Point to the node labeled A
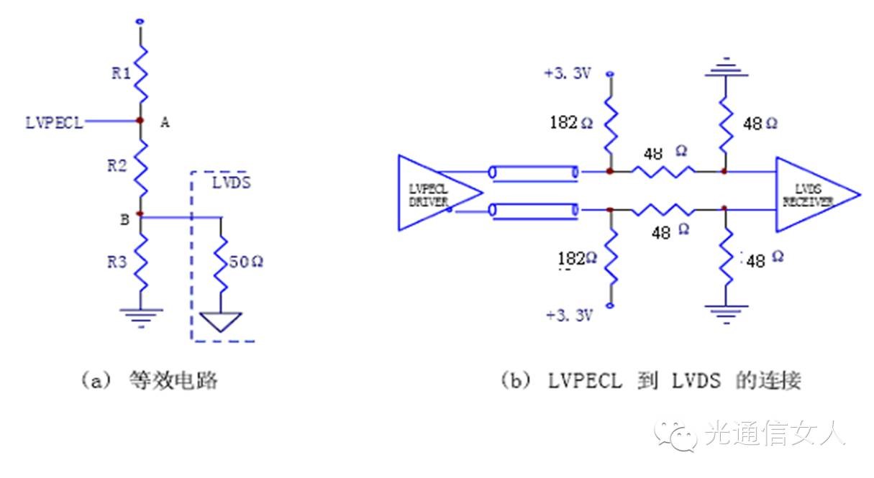140,121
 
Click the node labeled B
140,214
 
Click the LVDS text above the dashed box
231,183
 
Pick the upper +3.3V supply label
568,73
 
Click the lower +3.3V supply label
568,315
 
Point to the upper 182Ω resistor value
573,122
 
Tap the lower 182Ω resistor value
576,258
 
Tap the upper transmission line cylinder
533,173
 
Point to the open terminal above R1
140,22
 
